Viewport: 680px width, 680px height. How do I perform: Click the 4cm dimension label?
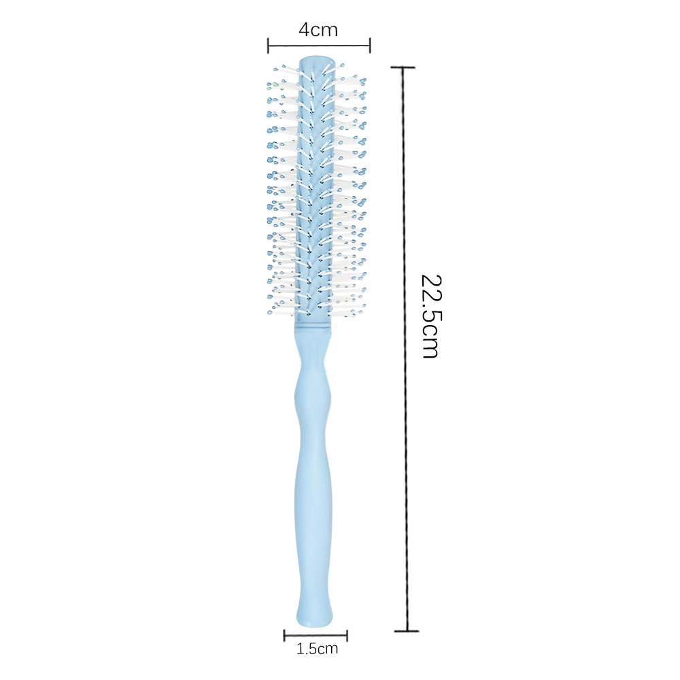point(318,30)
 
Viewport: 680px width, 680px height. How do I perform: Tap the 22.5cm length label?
point(431,316)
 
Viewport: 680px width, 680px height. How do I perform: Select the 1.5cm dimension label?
point(317,649)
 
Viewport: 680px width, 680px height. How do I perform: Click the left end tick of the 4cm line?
point(268,45)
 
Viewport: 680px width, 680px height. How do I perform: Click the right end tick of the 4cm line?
point(369,45)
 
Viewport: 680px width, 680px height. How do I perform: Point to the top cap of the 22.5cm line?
point(403,67)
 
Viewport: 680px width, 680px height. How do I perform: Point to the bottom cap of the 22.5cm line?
point(407,631)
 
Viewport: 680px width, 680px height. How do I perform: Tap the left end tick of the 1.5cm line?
point(284,636)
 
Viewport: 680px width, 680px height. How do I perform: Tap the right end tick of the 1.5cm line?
point(347,636)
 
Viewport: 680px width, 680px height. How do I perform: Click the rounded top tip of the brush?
point(317,58)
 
